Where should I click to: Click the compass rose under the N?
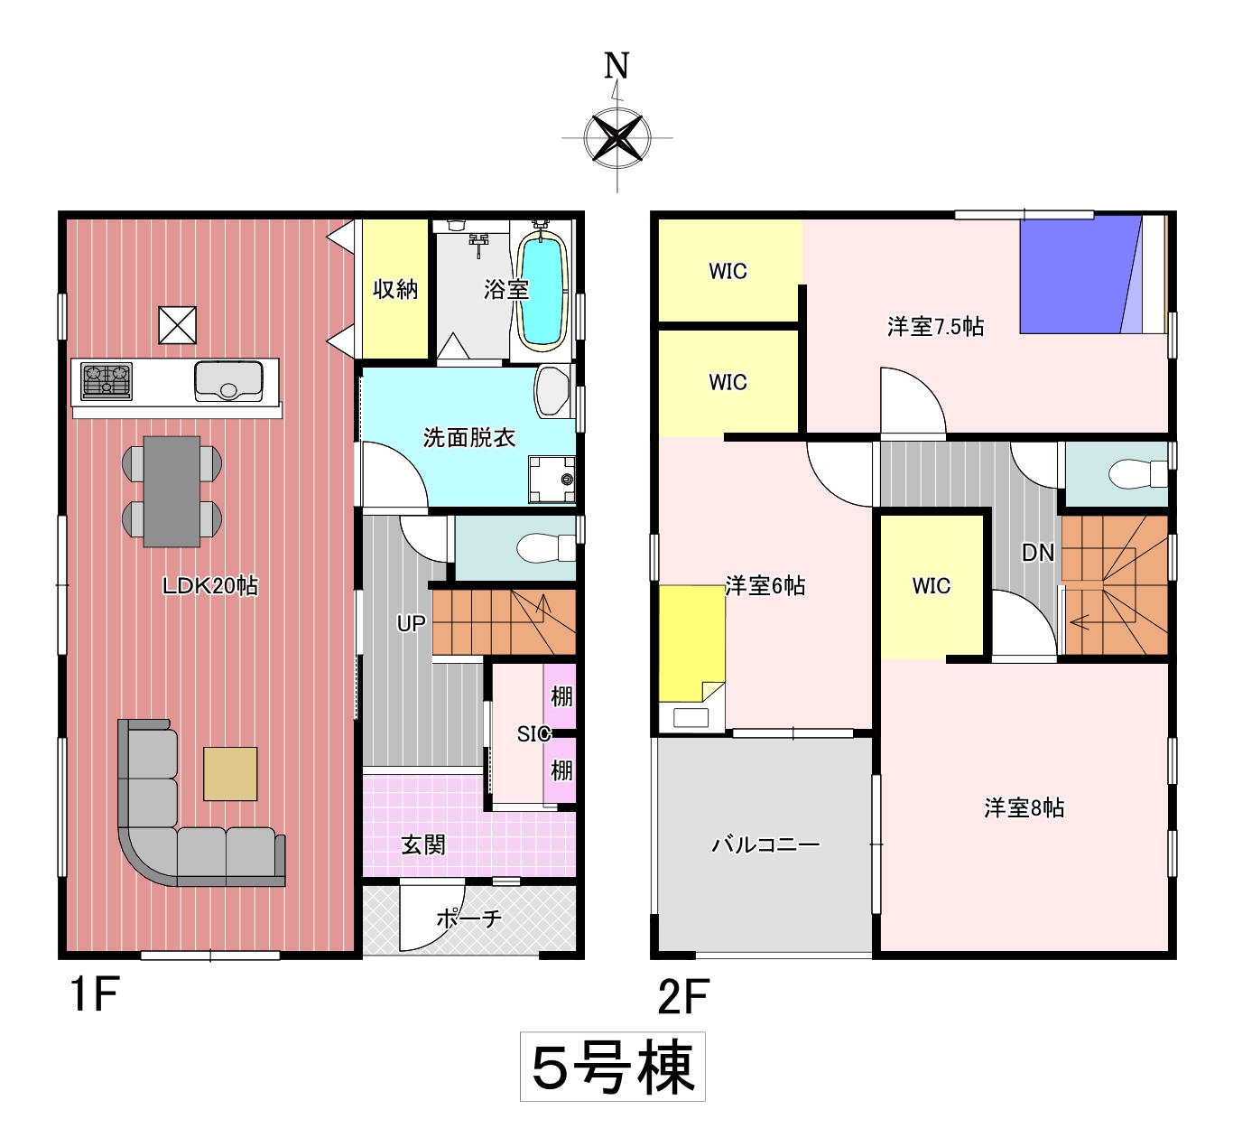pyautogui.click(x=617, y=138)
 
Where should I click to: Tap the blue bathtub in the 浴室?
pyautogui.click(x=542, y=291)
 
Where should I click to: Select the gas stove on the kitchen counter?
pyautogui.click(x=107, y=381)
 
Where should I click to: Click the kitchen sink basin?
pyautogui.click(x=228, y=380)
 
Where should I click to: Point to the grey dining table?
pyautogui.click(x=172, y=490)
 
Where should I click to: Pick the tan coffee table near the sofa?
pyautogui.click(x=230, y=774)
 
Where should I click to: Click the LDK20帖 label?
pyautogui.click(x=209, y=586)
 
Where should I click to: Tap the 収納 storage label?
pyautogui.click(x=395, y=290)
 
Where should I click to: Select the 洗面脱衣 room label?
pyautogui.click(x=469, y=437)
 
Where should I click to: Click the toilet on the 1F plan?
pyautogui.click(x=546, y=548)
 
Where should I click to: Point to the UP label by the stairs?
pyautogui.click(x=411, y=624)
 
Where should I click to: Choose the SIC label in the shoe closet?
pyautogui.click(x=534, y=733)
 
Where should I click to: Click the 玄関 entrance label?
pyautogui.click(x=423, y=845)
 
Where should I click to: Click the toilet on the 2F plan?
pyautogui.click(x=1138, y=473)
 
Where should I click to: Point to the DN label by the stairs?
pyautogui.click(x=1038, y=553)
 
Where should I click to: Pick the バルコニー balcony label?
pyautogui.click(x=765, y=844)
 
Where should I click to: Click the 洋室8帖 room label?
pyautogui.click(x=1024, y=807)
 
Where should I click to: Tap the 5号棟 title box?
pyautogui.click(x=613, y=1067)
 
